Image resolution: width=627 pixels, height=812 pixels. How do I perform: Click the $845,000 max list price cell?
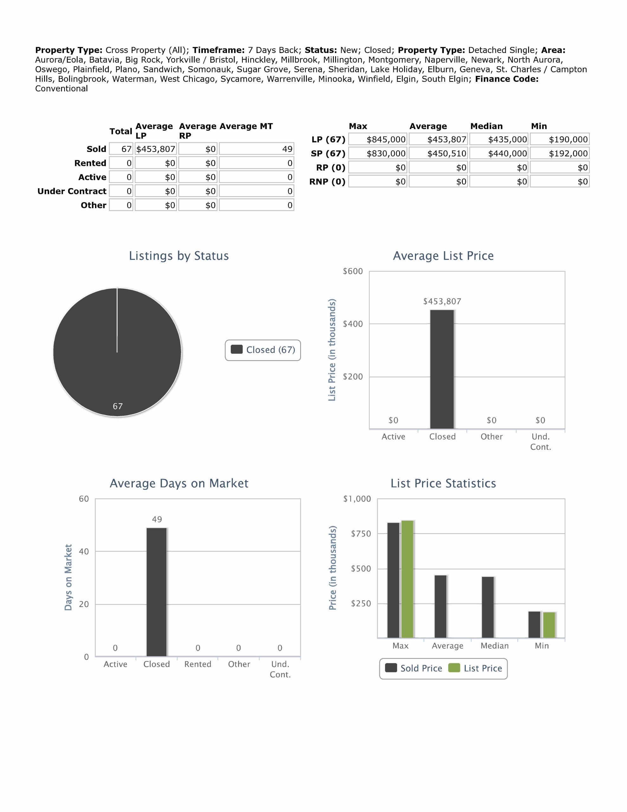tap(378, 140)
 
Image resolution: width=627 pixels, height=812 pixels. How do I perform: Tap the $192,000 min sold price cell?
tap(560, 154)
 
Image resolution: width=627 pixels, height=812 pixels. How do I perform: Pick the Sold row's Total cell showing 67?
tap(121, 149)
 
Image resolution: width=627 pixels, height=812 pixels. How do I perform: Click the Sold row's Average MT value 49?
tap(256, 149)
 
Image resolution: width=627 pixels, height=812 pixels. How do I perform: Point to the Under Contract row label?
tap(72, 191)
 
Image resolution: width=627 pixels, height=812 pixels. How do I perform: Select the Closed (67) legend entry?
tap(263, 350)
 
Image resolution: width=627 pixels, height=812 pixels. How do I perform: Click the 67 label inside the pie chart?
tap(118, 406)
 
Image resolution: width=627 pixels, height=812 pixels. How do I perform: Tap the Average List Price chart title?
tap(443, 256)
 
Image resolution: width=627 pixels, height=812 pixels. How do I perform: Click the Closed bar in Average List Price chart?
tap(442, 369)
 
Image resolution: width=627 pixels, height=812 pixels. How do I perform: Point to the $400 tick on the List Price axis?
tap(353, 324)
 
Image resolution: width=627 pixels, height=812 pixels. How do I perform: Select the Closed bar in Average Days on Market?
tap(157, 592)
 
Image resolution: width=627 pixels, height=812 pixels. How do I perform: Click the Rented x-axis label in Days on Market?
tap(198, 665)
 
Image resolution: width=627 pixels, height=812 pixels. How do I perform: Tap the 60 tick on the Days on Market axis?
tap(84, 499)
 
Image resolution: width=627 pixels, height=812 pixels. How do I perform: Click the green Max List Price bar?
tap(407, 579)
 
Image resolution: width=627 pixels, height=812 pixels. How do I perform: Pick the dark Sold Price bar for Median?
tap(488, 607)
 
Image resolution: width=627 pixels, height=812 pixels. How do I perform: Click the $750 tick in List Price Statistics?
tap(361, 534)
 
